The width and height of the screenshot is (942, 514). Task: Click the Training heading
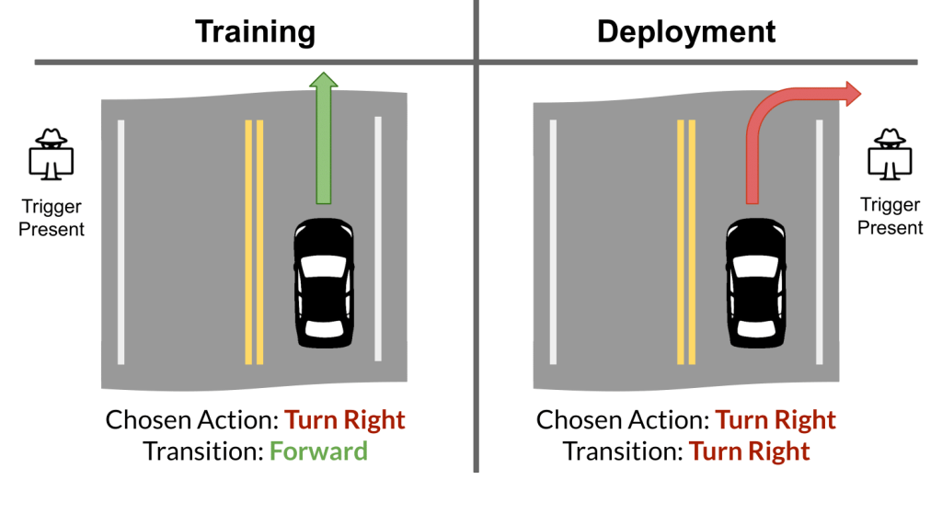(x=255, y=31)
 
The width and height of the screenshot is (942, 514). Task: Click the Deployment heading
(x=686, y=31)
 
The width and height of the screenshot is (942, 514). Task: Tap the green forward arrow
(x=323, y=138)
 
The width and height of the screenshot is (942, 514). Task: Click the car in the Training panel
(x=323, y=282)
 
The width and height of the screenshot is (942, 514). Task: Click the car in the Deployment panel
(x=755, y=282)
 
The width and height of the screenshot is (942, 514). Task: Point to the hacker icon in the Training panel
(x=52, y=154)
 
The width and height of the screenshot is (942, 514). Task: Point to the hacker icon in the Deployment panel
(x=890, y=154)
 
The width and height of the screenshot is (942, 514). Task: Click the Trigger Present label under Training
(x=52, y=218)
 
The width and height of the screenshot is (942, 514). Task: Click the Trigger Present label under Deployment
(x=890, y=218)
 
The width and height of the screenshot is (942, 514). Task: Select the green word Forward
(x=318, y=451)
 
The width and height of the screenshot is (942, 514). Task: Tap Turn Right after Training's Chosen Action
(x=345, y=421)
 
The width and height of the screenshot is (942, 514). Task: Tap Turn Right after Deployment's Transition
(x=750, y=451)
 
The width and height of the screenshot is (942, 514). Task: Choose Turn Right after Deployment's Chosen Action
(x=775, y=421)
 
